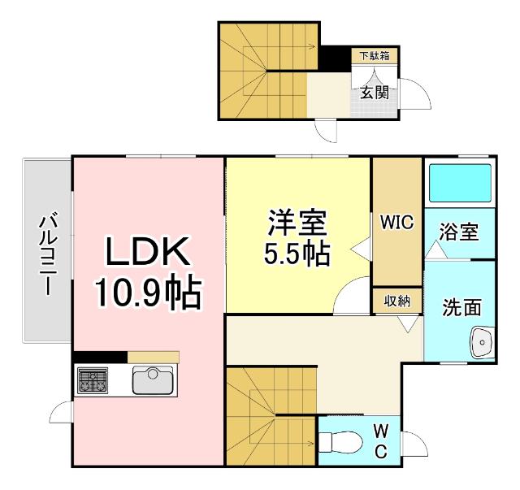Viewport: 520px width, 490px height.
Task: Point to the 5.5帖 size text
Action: click(x=297, y=254)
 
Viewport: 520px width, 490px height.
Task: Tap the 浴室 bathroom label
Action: click(x=458, y=232)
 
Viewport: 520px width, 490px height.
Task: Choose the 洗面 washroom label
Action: click(x=461, y=307)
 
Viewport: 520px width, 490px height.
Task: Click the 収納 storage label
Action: click(x=397, y=300)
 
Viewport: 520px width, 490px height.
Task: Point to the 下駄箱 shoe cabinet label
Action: click(x=375, y=56)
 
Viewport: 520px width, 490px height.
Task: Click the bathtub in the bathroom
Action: click(x=459, y=183)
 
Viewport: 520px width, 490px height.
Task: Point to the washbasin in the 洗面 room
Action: click(x=483, y=344)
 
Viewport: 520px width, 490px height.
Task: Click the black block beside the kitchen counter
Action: click(x=99, y=356)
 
